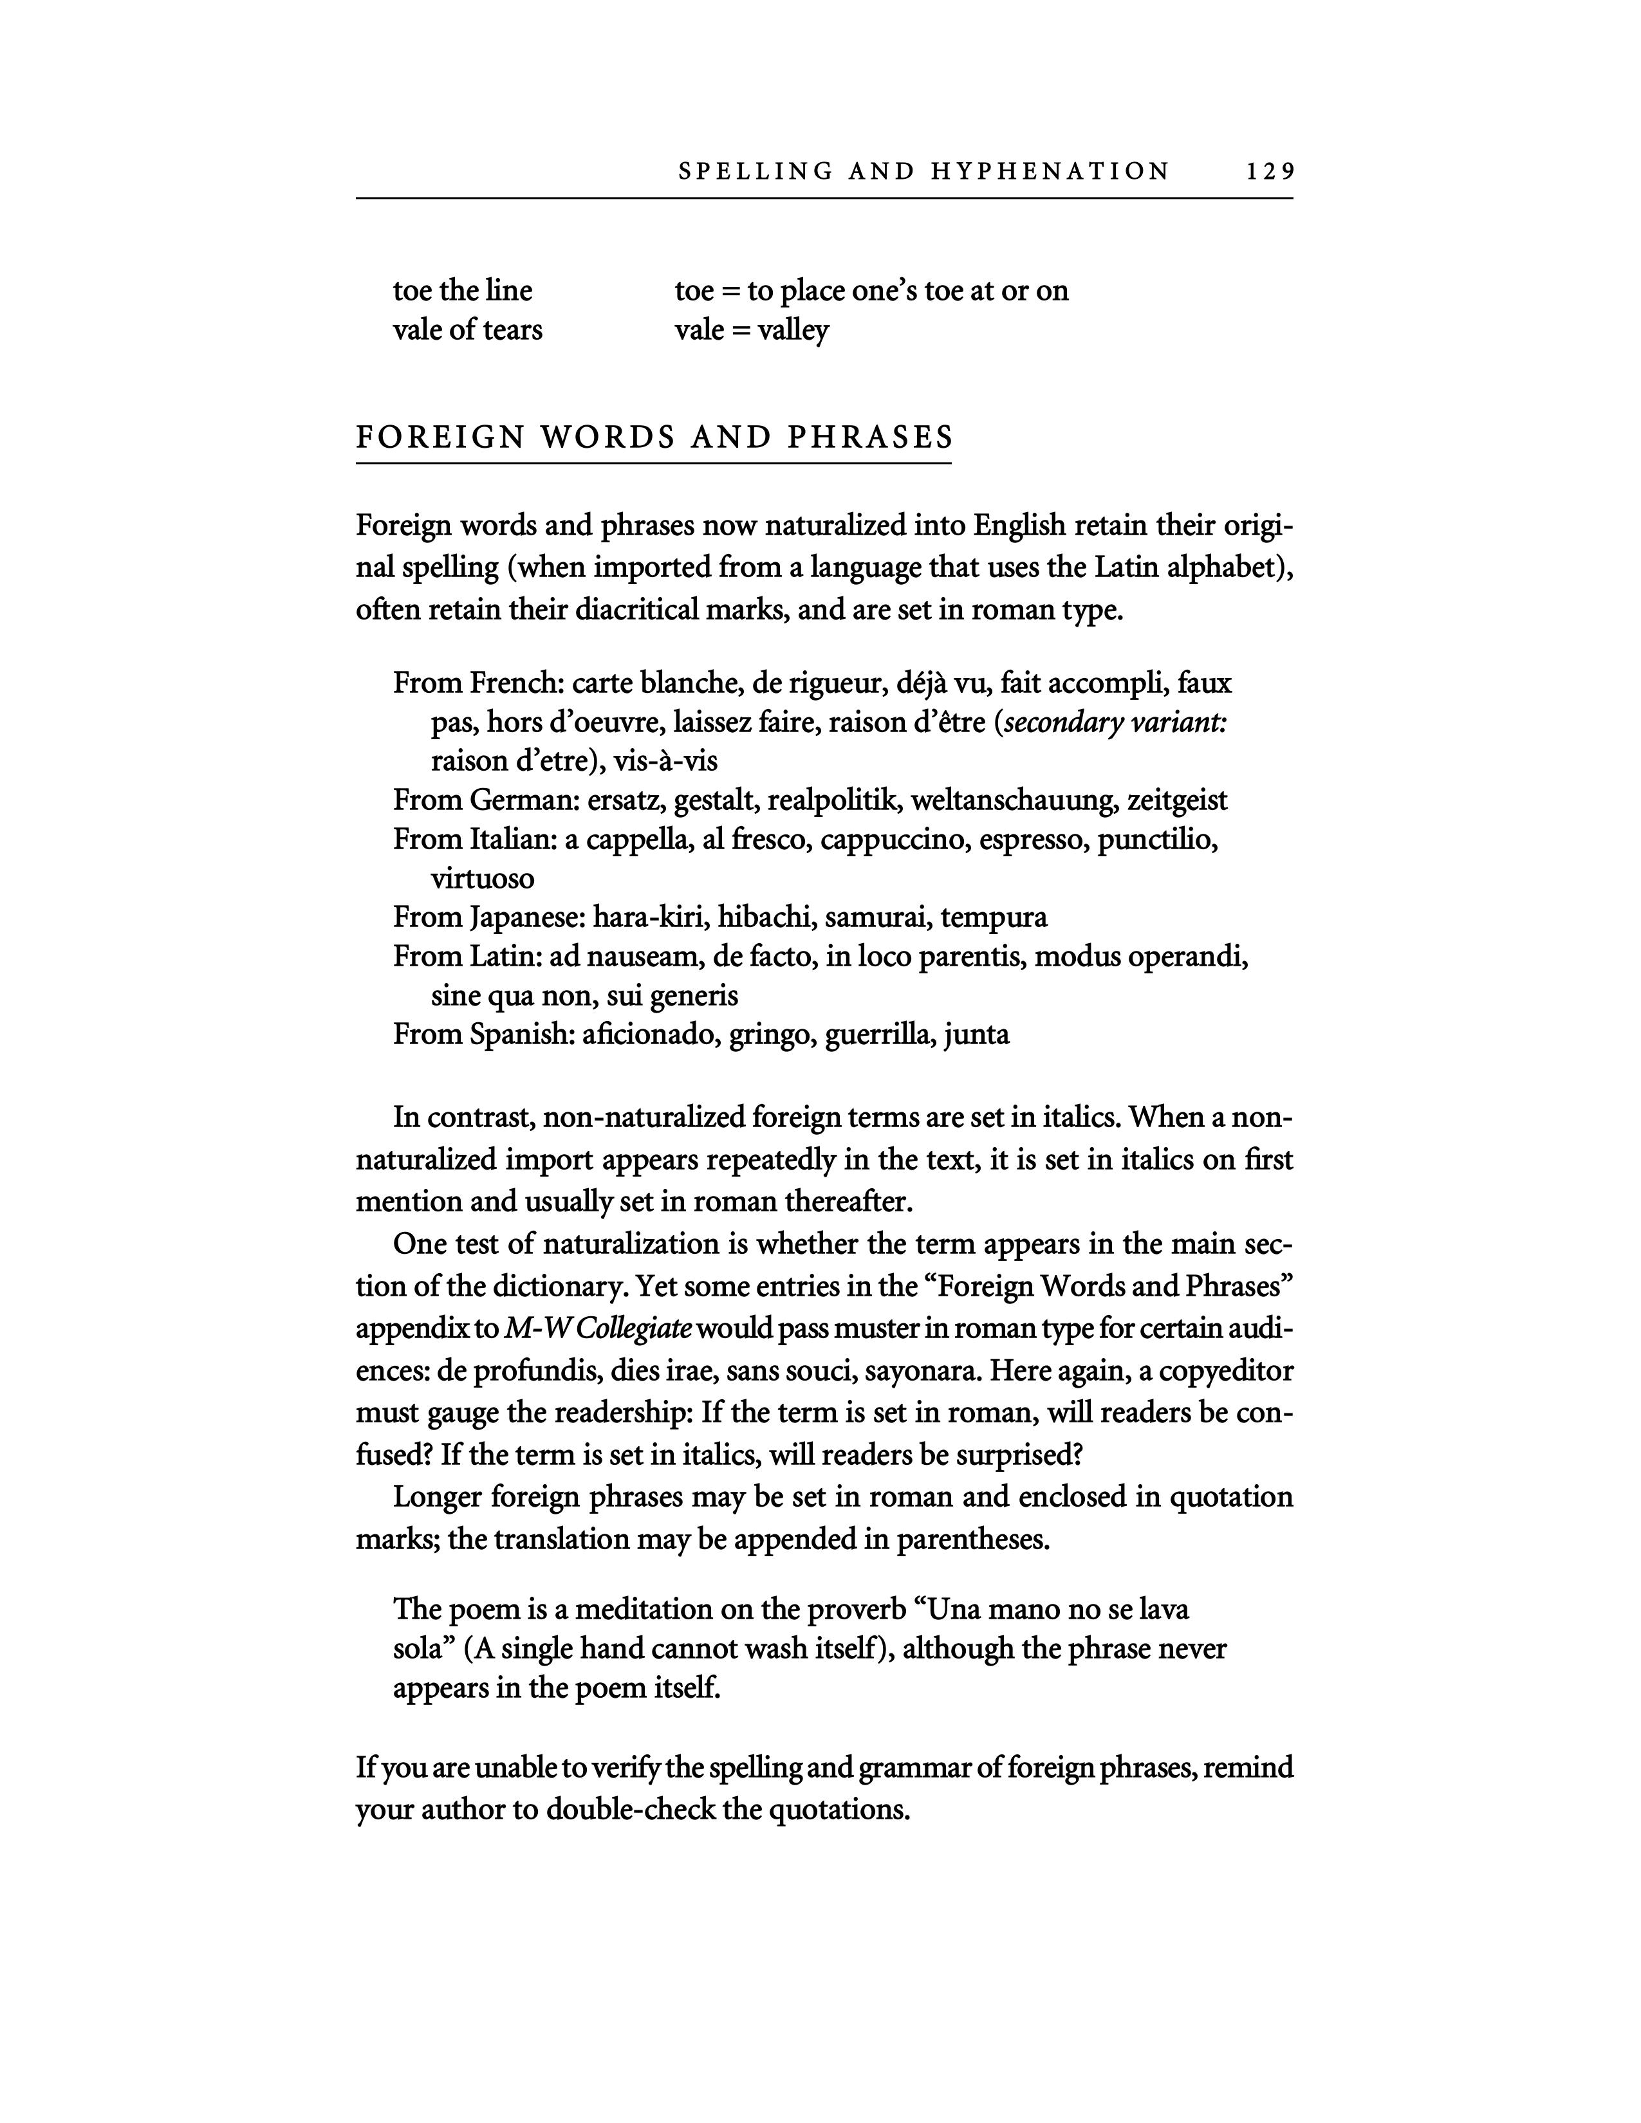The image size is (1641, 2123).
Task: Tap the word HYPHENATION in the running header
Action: (1050, 172)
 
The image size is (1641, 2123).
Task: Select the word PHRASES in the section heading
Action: (870, 437)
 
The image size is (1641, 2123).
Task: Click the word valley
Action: (793, 331)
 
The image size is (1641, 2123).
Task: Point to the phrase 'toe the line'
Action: (463, 291)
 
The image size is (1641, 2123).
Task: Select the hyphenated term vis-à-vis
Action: (666, 760)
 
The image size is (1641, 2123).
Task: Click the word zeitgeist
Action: (1177, 800)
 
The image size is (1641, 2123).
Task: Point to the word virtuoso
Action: (483, 879)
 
